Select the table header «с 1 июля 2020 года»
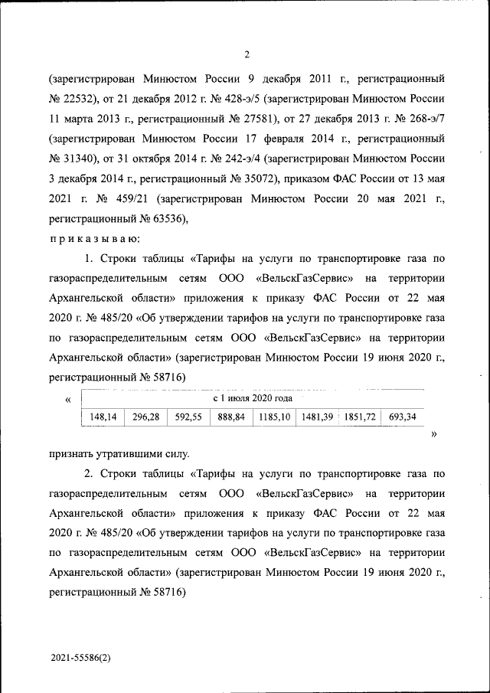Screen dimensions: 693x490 tap(253, 398)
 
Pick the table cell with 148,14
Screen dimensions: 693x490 tap(103, 417)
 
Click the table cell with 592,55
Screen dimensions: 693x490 tap(188, 417)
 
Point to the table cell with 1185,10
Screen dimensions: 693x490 tap(274, 417)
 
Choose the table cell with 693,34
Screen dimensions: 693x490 tap(402, 417)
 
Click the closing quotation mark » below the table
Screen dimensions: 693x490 tap(434, 434)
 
